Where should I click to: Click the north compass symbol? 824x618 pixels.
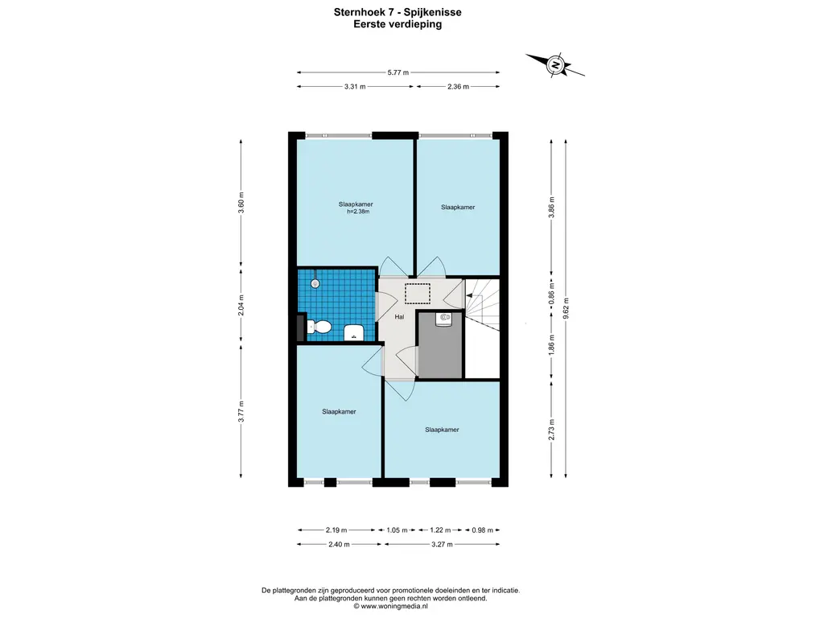point(555,65)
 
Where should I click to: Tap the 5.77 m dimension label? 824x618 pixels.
point(398,72)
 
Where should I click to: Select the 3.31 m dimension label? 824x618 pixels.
point(355,87)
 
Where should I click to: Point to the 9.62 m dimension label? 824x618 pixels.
point(566,308)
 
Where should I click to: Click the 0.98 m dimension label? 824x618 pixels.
point(483,530)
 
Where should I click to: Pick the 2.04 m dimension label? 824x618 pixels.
point(241,305)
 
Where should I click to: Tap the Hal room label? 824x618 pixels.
point(399,317)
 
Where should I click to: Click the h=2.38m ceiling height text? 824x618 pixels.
point(358,212)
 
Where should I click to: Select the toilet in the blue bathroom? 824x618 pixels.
point(319,327)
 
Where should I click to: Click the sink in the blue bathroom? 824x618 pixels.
point(354,332)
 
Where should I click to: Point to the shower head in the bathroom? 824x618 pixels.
point(315,283)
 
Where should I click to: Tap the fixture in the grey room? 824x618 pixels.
point(444,319)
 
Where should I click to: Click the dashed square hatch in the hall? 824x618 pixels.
point(418,294)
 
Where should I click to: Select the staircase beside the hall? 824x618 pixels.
point(483,305)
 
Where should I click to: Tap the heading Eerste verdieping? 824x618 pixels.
point(398,24)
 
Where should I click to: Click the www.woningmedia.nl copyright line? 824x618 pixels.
point(390,606)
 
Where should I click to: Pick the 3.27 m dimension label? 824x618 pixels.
point(442,545)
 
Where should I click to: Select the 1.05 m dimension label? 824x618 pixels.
point(397,530)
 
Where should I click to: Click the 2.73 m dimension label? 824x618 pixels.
point(551,430)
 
